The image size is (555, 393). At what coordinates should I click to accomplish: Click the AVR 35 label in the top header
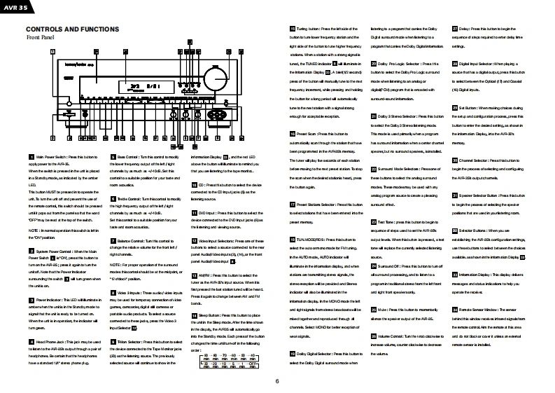[15, 8]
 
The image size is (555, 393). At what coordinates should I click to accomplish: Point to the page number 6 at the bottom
[277, 381]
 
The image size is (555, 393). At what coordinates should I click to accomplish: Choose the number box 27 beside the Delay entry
[454, 28]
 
